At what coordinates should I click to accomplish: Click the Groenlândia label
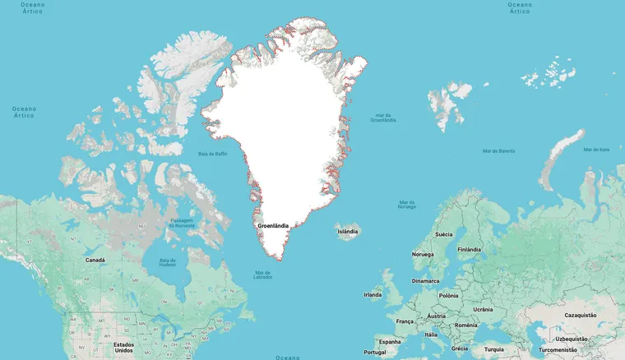click(x=273, y=225)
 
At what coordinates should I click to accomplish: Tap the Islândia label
click(x=347, y=232)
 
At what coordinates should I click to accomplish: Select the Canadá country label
click(x=95, y=260)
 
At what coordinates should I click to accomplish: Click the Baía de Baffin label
click(x=213, y=154)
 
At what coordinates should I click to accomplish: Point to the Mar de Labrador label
click(x=263, y=275)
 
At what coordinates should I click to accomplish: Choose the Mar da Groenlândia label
click(x=383, y=118)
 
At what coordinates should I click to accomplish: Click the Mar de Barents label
click(x=498, y=151)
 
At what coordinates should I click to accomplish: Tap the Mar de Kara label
click(x=596, y=150)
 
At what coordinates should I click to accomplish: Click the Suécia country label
click(x=443, y=234)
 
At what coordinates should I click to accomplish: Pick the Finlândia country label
click(x=469, y=250)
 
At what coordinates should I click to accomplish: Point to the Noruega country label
click(x=423, y=254)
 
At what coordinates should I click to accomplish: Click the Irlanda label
click(x=373, y=294)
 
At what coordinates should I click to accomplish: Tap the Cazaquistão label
click(x=581, y=315)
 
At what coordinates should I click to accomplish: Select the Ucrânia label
click(x=483, y=309)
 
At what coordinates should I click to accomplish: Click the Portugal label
click(x=374, y=352)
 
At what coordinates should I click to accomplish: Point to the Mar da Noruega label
click(x=406, y=204)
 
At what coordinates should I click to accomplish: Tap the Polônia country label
click(x=448, y=295)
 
